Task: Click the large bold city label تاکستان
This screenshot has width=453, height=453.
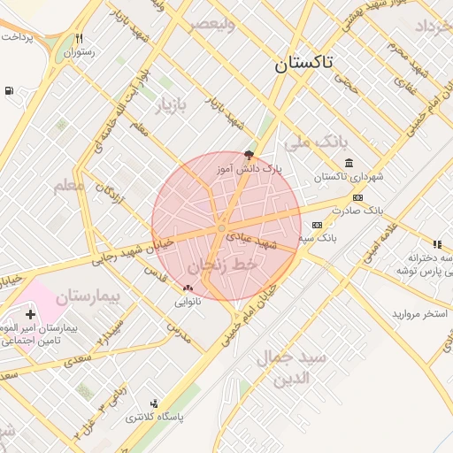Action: (x=303, y=64)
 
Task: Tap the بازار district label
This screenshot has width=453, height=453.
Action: (x=173, y=107)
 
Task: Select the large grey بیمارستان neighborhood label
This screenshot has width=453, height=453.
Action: (x=93, y=297)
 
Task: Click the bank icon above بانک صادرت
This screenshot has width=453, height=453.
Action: (x=357, y=197)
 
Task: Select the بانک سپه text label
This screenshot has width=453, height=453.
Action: (x=318, y=238)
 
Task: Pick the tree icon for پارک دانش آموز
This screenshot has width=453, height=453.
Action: (x=249, y=154)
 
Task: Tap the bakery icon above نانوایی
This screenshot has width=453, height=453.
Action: (x=187, y=288)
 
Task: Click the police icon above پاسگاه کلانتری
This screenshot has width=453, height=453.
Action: (x=155, y=403)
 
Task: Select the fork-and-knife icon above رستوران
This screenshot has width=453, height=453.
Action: (x=80, y=39)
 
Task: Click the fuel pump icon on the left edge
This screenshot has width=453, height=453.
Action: (x=9, y=90)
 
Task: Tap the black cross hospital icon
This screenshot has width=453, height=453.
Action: (x=31, y=314)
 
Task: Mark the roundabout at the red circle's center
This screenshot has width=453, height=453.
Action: (x=221, y=229)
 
